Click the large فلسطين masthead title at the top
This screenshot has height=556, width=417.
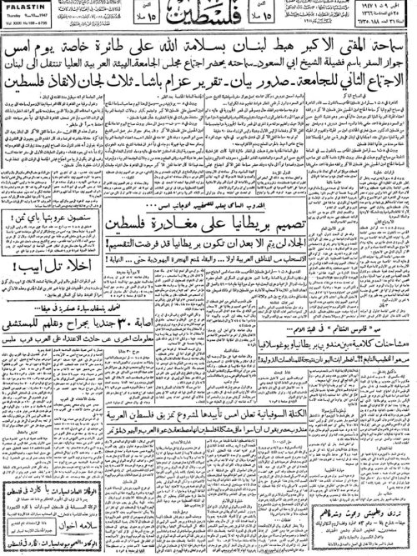pos(208,17)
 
